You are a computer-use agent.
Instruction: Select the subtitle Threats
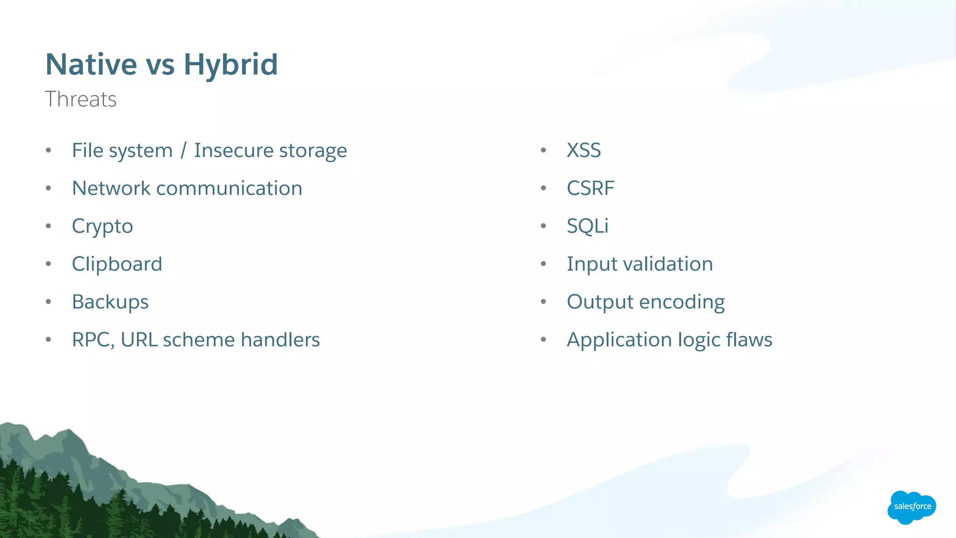[x=81, y=99]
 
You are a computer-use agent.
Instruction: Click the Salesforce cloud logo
[x=912, y=507]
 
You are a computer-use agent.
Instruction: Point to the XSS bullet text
[x=583, y=150]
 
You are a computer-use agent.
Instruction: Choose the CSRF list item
[x=590, y=188]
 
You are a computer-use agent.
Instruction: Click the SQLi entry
[x=587, y=226]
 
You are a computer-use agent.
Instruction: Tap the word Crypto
[x=102, y=227]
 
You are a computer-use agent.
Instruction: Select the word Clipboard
[x=117, y=264]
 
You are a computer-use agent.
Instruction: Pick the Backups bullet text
[x=110, y=302]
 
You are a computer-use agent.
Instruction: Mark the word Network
[x=111, y=188]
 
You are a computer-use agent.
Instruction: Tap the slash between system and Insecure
[x=183, y=150]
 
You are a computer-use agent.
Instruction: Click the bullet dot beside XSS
[x=543, y=150]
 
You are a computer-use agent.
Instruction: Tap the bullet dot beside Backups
[x=49, y=302]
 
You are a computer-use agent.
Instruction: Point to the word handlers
[x=280, y=340]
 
